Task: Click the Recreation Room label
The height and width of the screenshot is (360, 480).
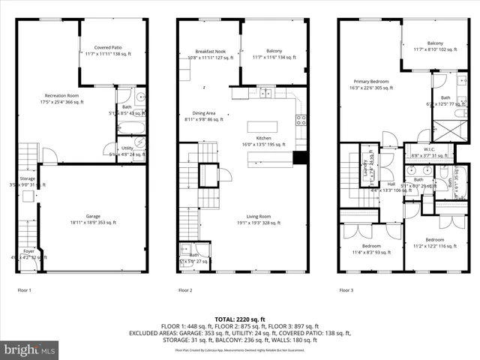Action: [62, 96]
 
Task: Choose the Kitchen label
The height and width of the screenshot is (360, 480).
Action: [263, 139]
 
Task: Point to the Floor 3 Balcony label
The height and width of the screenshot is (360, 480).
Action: [435, 44]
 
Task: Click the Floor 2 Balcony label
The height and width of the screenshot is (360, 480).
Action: [273, 52]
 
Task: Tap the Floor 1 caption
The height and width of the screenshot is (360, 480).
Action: [25, 289]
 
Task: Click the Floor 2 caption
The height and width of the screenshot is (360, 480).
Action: [185, 289]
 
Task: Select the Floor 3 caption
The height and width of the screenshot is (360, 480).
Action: [346, 289]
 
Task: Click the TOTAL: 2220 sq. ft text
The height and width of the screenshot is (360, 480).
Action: [240, 319]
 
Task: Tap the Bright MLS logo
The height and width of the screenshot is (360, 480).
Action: [30, 349]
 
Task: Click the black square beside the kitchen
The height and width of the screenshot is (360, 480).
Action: [300, 157]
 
